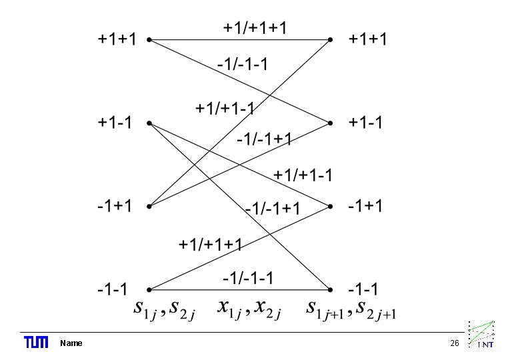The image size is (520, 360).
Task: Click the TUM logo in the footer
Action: pos(36,343)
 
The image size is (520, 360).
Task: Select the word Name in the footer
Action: pos(71,343)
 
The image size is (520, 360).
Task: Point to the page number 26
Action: pos(455,343)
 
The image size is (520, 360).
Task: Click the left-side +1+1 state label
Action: pos(117,39)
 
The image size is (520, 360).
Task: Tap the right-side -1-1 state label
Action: pos(363,289)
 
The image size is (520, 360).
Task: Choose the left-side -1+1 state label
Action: pos(115,206)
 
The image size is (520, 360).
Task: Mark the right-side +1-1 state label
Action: pos(365,123)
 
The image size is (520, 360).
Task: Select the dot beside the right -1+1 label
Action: pos(331,207)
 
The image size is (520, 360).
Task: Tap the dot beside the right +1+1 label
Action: pos(331,40)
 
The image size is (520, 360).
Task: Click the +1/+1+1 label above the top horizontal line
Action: pos(255,27)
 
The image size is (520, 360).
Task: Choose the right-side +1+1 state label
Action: pos(367,39)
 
